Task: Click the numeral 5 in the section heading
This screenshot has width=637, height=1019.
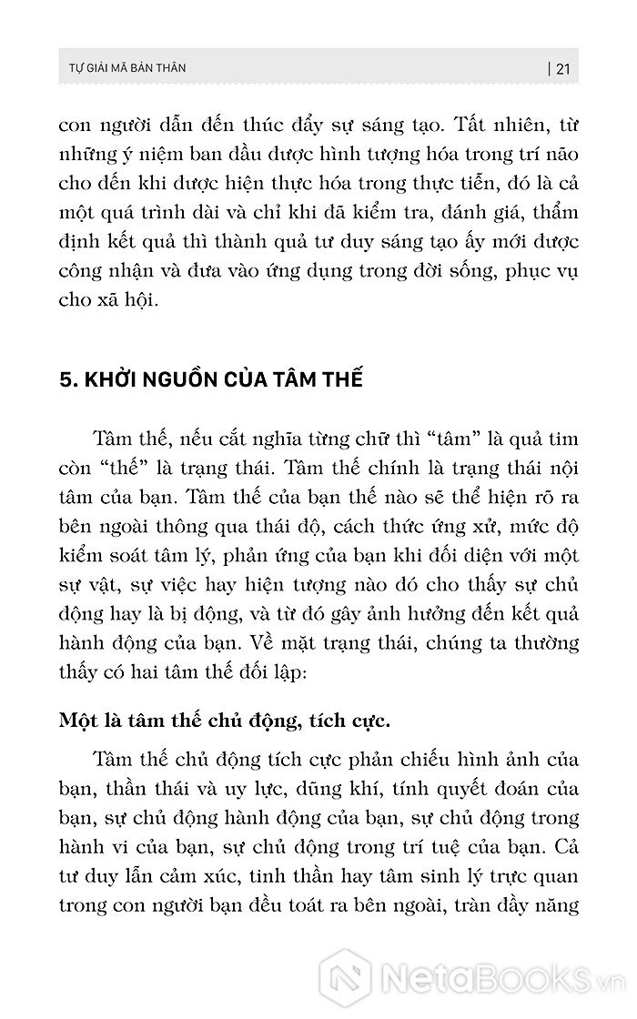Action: tap(64, 379)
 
